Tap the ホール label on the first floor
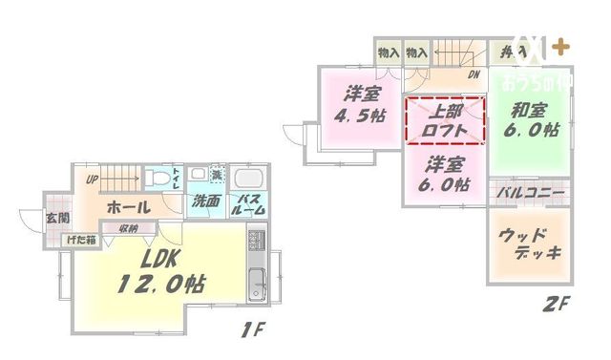126,206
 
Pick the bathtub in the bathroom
251,179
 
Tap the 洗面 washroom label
206,202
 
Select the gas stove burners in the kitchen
257,239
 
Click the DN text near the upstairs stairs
473,75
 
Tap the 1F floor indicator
252,333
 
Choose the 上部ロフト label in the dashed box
446,118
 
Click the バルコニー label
530,193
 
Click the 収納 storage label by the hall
129,228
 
